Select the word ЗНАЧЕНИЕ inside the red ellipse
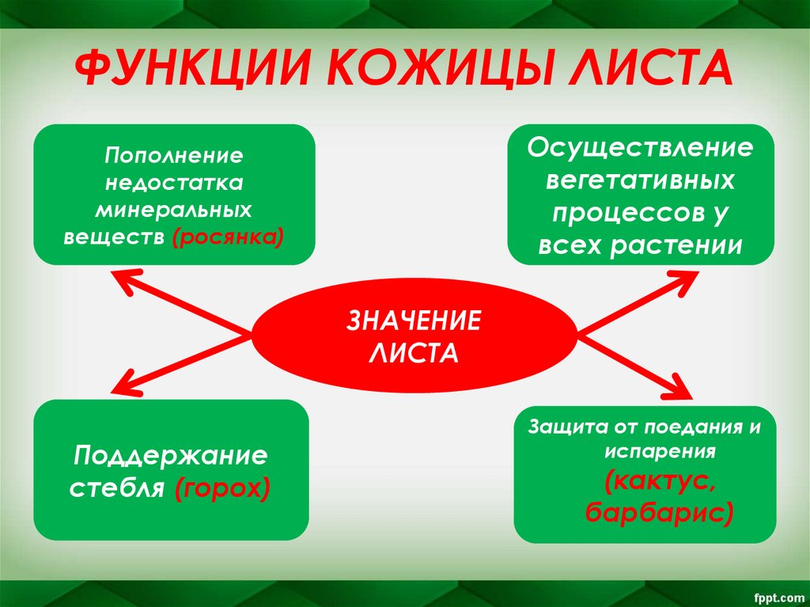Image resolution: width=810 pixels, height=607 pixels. [414, 322]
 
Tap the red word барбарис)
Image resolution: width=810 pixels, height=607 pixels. [659, 512]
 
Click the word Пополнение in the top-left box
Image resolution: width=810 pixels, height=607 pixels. [174, 155]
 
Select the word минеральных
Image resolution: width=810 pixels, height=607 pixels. [174, 210]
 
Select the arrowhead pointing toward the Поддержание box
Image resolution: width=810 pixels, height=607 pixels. [121, 385]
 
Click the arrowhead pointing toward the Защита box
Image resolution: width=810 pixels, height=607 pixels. [681, 390]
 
